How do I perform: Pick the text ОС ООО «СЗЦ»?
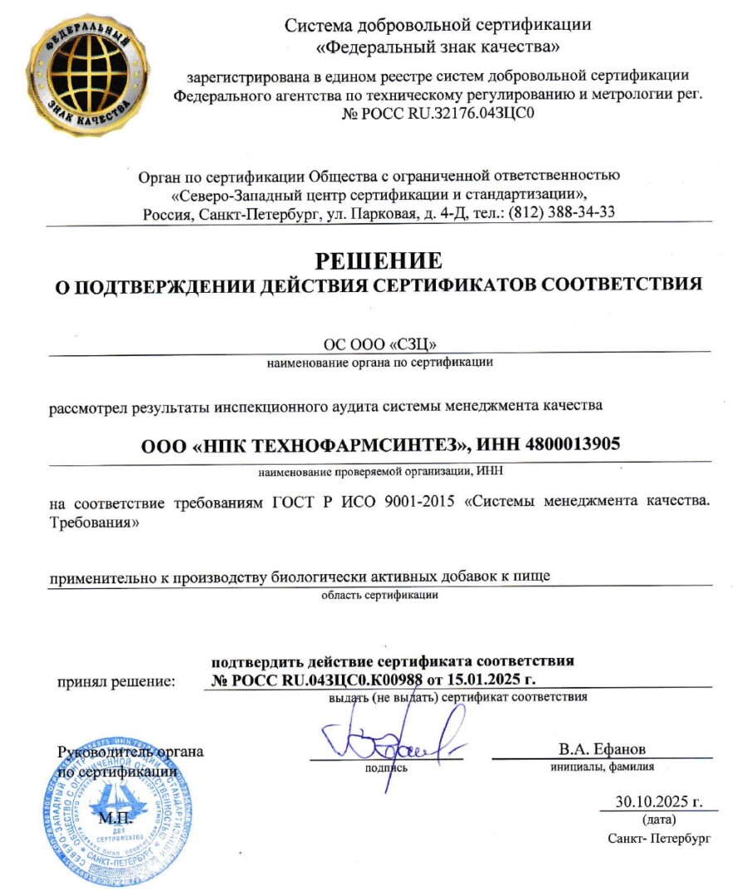pyautogui.click(x=379, y=343)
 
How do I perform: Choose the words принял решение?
pyautogui.click(x=116, y=682)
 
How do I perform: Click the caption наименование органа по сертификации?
pyautogui.click(x=380, y=362)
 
